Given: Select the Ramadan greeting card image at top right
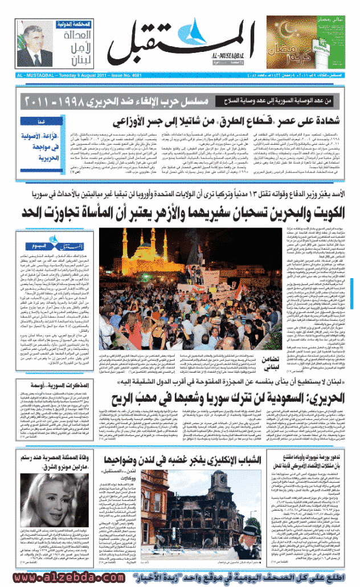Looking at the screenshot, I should (x=297, y=42).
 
